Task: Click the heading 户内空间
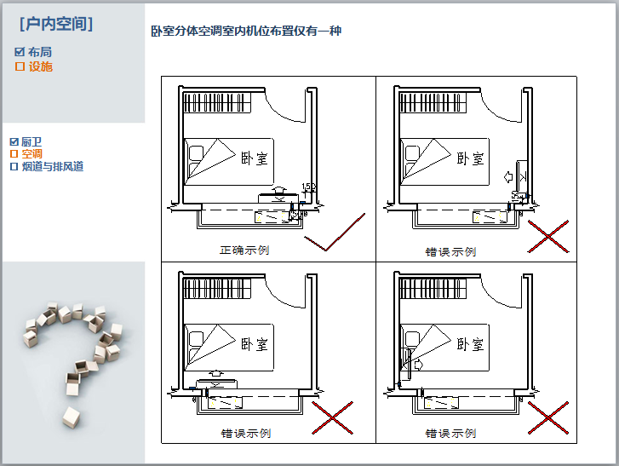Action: coord(56,24)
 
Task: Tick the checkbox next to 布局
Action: coord(20,52)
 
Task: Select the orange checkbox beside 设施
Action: coord(20,66)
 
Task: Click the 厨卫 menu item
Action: coord(32,141)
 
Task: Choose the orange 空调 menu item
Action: coord(32,154)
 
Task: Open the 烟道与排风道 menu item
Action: coord(52,167)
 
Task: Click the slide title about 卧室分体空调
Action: coord(246,32)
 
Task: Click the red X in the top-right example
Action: coord(547,236)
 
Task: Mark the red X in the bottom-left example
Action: coord(332,417)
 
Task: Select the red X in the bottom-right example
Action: coord(547,417)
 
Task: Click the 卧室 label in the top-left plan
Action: coord(255,158)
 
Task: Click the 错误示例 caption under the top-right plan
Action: coord(450,252)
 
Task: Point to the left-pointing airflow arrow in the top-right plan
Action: coord(509,177)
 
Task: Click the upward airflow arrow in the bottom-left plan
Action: coord(216,373)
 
